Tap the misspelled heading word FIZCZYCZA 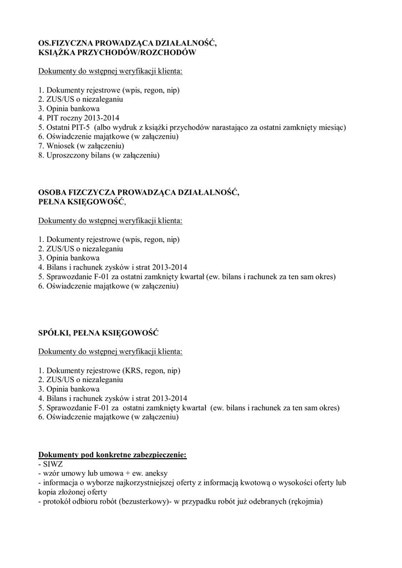click(100, 192)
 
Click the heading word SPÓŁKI click(54, 333)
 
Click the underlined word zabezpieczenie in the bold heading click(157, 454)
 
